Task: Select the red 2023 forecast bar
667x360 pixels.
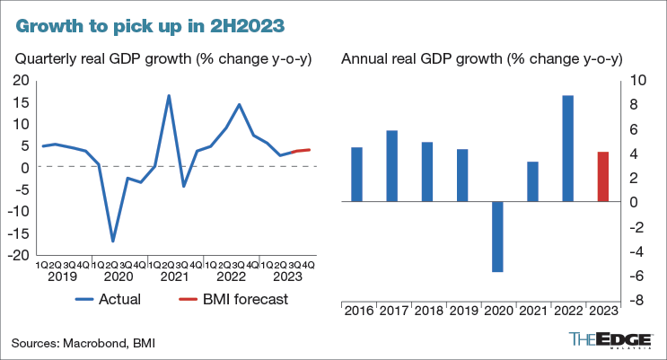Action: (603, 177)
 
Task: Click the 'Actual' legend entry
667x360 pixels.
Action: (109, 299)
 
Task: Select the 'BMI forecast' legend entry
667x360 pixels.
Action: (233, 299)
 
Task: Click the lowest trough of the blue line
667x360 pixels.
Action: (113, 241)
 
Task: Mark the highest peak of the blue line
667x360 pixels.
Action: (169, 95)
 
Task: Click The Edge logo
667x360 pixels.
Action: (610, 340)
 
